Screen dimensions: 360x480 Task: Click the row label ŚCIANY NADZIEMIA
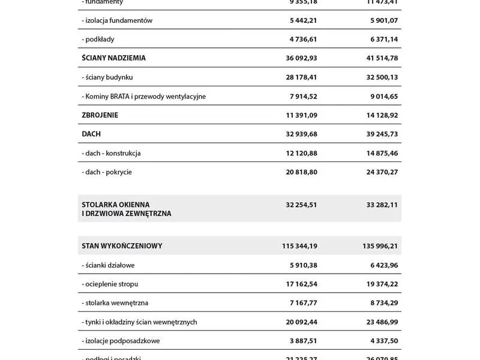tap(113, 58)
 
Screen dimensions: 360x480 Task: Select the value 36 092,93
tap(301, 58)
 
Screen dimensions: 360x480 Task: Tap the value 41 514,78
tap(382, 58)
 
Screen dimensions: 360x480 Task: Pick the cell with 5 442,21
tap(303, 20)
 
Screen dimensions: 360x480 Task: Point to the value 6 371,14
tap(383, 39)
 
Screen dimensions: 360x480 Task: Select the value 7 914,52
tap(303, 96)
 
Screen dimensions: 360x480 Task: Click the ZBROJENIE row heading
tap(100, 115)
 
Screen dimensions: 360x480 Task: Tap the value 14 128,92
tap(382, 115)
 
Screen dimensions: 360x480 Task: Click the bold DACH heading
tap(91, 134)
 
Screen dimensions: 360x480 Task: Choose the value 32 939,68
tap(301, 134)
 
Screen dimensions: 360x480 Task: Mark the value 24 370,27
tap(382, 172)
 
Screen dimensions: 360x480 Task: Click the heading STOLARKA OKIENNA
tap(116, 205)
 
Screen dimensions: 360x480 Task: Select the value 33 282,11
tap(382, 205)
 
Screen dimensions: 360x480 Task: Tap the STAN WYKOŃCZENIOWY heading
tap(122, 246)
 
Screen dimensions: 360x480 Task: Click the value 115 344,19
tap(299, 246)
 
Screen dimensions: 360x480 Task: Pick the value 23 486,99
tap(382, 322)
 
